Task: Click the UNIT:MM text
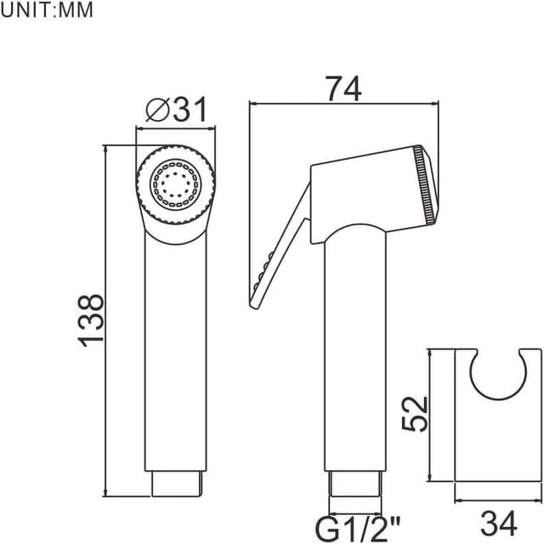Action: tap(47, 11)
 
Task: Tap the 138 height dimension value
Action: tap(92, 319)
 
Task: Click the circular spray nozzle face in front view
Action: tap(176, 184)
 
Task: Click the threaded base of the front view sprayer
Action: tap(176, 484)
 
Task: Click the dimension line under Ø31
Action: tap(176, 127)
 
